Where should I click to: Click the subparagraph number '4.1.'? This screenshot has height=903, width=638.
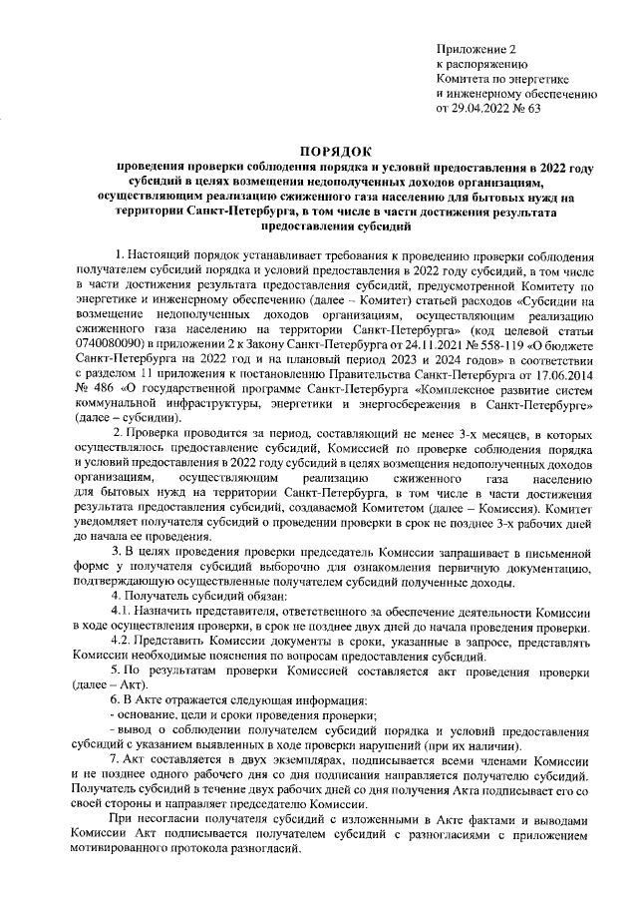pos(122,611)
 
